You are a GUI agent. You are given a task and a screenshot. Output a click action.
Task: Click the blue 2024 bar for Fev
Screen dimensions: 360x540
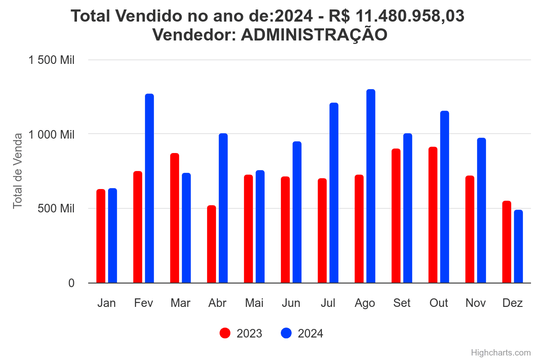point(149,189)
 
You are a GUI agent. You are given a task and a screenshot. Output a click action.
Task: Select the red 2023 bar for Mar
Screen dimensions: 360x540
point(175,218)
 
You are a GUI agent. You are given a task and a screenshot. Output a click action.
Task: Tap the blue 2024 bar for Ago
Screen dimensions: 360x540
point(371,186)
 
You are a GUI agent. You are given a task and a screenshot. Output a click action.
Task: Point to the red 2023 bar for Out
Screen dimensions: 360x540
point(433,215)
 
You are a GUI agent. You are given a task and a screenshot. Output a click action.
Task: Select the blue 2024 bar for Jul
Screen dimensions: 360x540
point(334,193)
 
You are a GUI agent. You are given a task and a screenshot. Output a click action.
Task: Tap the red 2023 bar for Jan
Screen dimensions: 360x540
point(101,236)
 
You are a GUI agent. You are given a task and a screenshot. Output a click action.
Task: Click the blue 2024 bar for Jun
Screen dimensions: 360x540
point(297,212)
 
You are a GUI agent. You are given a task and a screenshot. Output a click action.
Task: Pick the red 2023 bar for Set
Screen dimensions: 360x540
point(396,216)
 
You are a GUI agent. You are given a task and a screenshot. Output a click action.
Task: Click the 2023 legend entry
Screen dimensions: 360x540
point(241,333)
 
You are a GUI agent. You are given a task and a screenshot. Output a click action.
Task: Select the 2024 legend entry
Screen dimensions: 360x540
point(302,333)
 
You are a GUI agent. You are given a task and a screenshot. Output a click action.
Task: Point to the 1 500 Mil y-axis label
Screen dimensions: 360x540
point(52,60)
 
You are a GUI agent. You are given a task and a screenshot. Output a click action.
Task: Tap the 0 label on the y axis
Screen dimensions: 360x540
point(71,283)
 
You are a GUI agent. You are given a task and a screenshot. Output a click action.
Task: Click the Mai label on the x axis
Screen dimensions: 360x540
point(254,303)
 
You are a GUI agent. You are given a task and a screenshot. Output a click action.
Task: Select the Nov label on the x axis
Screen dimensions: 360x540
point(476,303)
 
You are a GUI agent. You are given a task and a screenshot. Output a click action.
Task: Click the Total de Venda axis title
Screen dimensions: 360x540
point(18,171)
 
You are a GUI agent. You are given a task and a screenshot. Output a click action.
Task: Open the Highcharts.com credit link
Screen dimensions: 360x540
point(501,352)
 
